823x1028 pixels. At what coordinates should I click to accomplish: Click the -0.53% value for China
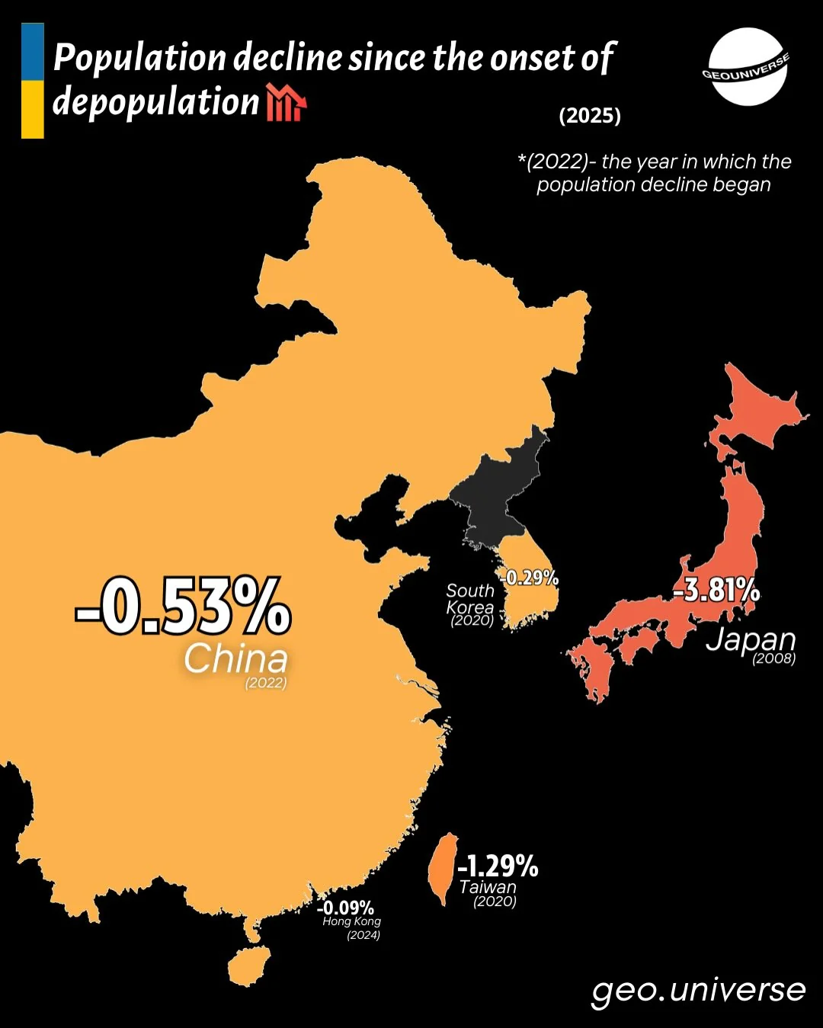183,607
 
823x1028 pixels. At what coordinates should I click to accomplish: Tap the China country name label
235,658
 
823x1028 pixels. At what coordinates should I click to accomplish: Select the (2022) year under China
266,683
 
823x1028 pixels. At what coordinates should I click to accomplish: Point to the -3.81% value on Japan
716,590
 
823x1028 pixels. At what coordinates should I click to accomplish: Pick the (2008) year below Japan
773,658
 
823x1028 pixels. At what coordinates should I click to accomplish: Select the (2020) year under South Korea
472,620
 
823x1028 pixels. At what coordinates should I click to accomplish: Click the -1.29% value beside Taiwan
498,866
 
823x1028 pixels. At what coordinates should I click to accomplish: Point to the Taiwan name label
488,887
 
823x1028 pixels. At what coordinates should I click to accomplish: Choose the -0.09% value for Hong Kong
345,908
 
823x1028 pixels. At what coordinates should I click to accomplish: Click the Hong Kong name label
351,921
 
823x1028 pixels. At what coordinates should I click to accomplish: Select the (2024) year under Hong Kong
363,935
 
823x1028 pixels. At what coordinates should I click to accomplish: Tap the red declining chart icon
286,104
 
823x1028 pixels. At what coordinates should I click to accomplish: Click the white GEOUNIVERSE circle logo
747,67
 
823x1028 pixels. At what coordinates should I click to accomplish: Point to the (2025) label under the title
590,116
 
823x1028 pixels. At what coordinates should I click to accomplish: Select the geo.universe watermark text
698,989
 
